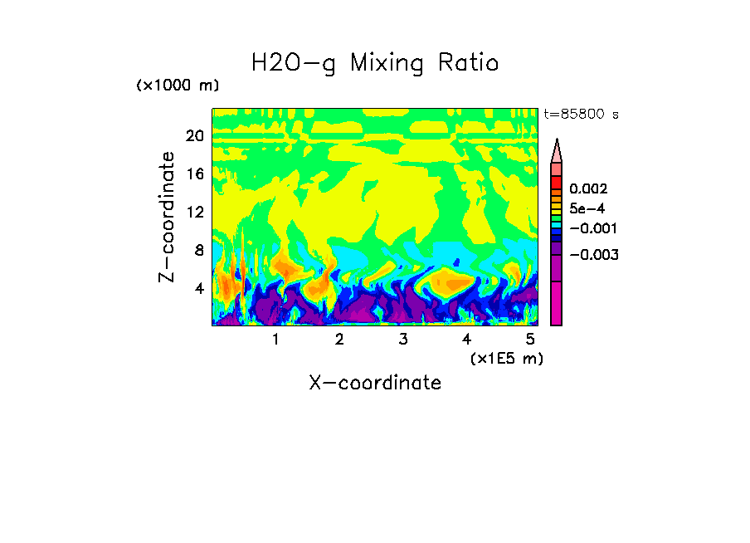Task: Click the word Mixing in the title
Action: (x=388, y=64)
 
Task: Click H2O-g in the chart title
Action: (x=295, y=63)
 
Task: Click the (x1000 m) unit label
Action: (x=178, y=86)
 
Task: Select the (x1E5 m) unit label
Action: (x=507, y=358)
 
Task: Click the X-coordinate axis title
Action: (x=375, y=383)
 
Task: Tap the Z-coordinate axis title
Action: (x=168, y=217)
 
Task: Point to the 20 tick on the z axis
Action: (x=194, y=136)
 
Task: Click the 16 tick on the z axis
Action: (x=194, y=174)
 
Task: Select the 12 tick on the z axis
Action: (x=194, y=213)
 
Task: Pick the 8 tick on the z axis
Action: (x=197, y=251)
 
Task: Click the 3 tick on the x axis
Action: (x=402, y=340)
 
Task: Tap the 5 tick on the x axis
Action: (x=530, y=340)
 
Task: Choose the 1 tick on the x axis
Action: (x=275, y=340)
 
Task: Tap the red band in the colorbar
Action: (x=557, y=183)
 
